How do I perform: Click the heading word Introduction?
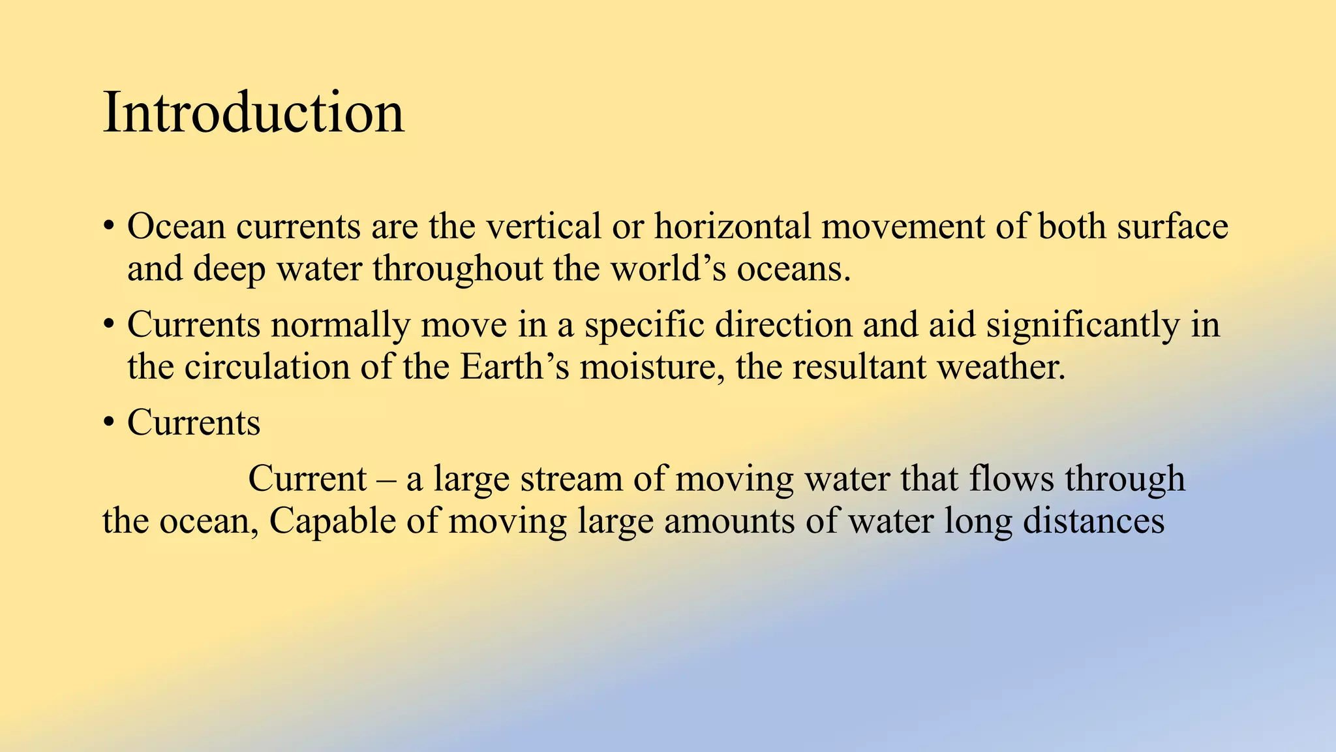(253, 113)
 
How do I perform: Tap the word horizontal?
(733, 227)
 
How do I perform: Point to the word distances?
(1093, 521)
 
